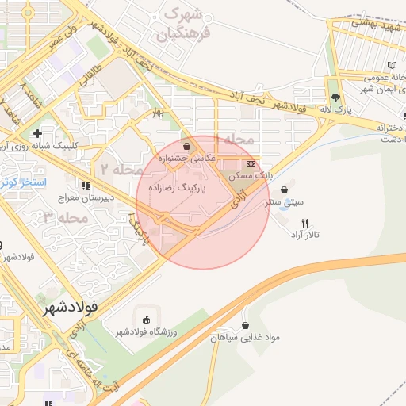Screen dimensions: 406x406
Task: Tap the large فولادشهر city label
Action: click(x=71, y=304)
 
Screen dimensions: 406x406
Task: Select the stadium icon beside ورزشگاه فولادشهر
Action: click(x=143, y=318)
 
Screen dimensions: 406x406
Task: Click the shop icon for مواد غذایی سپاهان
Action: click(x=245, y=325)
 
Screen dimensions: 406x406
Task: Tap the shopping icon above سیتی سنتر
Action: click(x=285, y=190)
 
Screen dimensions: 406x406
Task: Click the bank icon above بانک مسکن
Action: click(x=251, y=163)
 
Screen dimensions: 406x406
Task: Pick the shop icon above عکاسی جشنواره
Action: click(x=186, y=146)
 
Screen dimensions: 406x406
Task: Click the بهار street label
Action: click(x=158, y=112)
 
